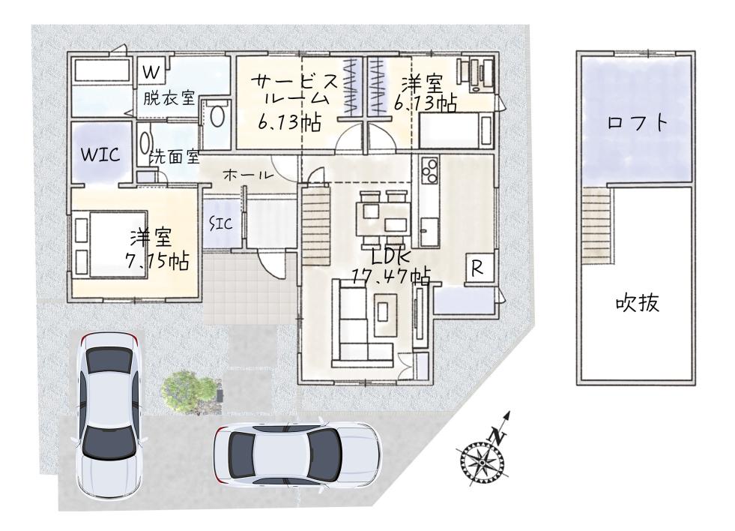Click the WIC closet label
(100, 154)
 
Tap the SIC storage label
(220, 223)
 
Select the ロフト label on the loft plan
(637, 123)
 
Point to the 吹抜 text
(637, 303)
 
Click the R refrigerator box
(479, 268)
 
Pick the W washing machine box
(151, 72)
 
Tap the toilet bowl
(216, 116)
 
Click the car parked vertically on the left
(109, 413)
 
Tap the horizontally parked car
(296, 454)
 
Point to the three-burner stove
(429, 170)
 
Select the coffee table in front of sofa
(384, 313)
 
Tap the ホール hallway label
(247, 175)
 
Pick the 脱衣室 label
(169, 98)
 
